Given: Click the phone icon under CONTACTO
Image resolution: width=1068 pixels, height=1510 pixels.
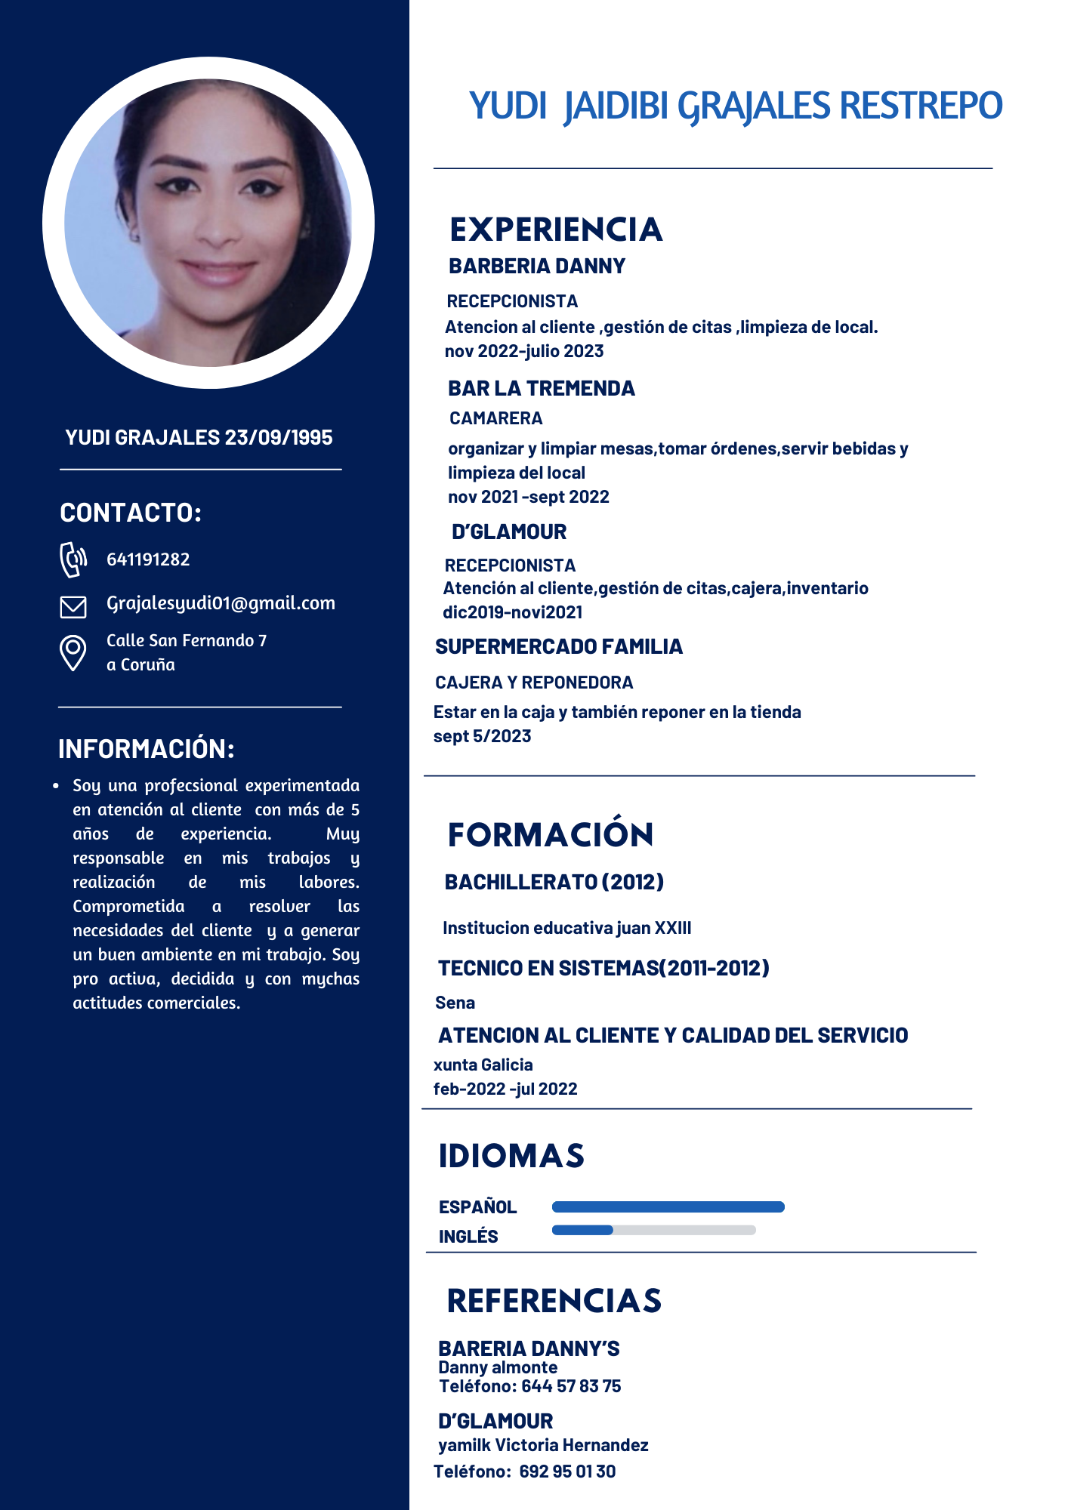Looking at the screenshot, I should pyautogui.click(x=73, y=559).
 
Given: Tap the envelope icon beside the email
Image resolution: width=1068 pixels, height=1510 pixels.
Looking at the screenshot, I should pyautogui.click(x=73, y=606).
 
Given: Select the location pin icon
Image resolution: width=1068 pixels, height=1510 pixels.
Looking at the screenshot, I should pyautogui.click(x=73, y=652).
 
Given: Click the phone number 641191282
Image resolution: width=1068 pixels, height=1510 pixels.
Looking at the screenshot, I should pyautogui.click(x=148, y=559).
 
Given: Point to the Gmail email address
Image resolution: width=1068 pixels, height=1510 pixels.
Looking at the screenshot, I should pyautogui.click(x=221, y=603).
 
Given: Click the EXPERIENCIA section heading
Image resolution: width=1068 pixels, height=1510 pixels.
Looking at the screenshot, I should pyautogui.click(x=556, y=230).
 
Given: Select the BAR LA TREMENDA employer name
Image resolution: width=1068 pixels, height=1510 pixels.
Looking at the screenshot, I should pyautogui.click(x=541, y=388).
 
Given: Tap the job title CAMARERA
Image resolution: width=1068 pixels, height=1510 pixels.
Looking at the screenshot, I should pyautogui.click(x=495, y=418).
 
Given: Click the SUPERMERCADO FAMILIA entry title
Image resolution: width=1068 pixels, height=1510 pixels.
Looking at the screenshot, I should pyautogui.click(x=558, y=646).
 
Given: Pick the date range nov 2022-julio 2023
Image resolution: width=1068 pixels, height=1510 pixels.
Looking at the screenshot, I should pyautogui.click(x=524, y=351).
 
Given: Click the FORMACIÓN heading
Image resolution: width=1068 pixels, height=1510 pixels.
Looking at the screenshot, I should pyautogui.click(x=551, y=835).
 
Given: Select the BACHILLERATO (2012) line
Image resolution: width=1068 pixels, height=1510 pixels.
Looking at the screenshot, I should pyautogui.click(x=554, y=882).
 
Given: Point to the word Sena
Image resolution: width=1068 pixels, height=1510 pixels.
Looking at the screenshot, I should pyautogui.click(x=455, y=1003).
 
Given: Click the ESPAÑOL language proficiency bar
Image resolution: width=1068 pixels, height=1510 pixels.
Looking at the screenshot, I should pyautogui.click(x=668, y=1206).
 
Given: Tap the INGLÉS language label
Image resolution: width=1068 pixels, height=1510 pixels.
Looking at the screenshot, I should pyautogui.click(x=468, y=1236).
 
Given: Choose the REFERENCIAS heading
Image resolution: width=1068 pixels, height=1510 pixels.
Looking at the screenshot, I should pyautogui.click(x=554, y=1301).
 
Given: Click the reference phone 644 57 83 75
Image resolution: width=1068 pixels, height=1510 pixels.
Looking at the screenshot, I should pyautogui.click(x=571, y=1386).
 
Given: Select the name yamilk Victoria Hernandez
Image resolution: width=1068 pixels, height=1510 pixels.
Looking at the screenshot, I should pyautogui.click(x=543, y=1445).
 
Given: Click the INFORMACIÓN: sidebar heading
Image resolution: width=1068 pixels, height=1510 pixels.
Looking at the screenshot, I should pyautogui.click(x=147, y=749).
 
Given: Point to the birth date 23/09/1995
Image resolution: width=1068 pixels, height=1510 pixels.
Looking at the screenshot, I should pyautogui.click(x=279, y=437).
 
